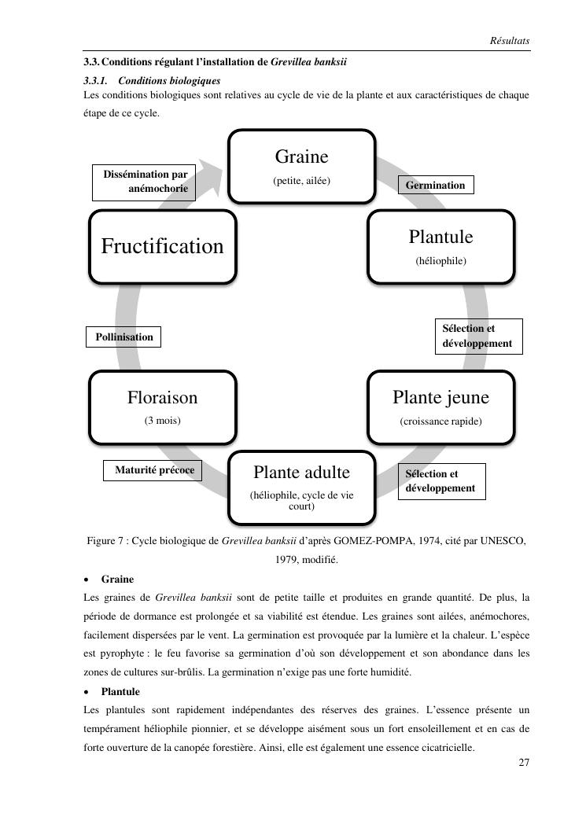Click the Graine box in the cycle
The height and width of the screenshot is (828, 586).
pos(301,166)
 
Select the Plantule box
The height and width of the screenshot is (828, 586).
pos(440,246)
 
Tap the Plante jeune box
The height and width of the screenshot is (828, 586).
pos(440,407)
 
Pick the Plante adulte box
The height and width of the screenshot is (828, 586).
pos(301,487)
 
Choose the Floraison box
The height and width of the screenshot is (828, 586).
pos(162,407)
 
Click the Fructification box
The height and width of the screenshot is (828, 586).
pos(162,246)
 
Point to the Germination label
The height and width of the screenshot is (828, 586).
pos(436,186)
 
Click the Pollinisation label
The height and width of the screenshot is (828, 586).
pos(124,337)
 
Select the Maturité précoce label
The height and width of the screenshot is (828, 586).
pos(154,470)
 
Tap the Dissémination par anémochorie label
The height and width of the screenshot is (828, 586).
pos(145,182)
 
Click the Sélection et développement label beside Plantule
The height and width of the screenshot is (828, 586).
pos(478,336)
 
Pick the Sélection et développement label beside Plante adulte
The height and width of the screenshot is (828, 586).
pos(441,481)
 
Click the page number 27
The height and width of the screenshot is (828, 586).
pos(524,763)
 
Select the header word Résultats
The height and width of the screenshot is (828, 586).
pos(509,40)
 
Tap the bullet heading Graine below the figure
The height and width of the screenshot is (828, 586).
pos(117,580)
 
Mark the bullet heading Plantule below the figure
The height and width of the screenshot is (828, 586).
pos(120,692)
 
